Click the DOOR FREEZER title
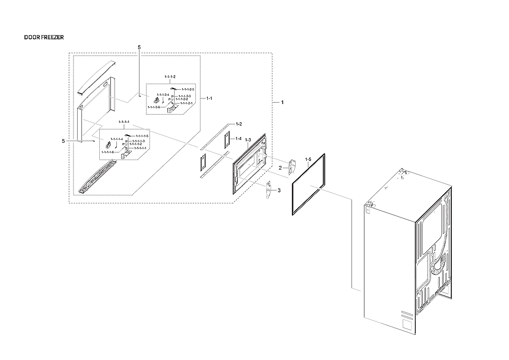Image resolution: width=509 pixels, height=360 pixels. click(44, 37)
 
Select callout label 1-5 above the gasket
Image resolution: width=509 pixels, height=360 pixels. click(309, 159)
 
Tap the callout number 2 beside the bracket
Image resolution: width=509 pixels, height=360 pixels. click(280, 168)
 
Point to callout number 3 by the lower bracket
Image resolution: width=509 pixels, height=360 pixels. click(278, 190)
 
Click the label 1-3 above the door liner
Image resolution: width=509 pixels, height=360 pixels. click(248, 140)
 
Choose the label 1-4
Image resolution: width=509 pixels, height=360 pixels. click(238, 139)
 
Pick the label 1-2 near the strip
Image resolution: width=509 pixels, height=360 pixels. click(239, 124)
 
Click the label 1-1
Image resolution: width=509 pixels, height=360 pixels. click(209, 98)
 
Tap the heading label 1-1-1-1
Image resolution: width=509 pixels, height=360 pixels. click(124, 122)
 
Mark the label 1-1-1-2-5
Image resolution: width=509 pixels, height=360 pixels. click(188, 89)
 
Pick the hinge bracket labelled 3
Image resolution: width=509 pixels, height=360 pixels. click(268, 189)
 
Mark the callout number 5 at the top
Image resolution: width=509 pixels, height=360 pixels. click(139, 48)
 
